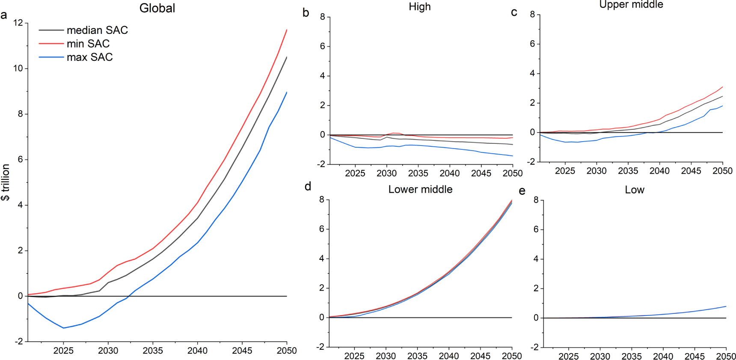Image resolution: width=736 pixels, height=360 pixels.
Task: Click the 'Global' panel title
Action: click(157, 8)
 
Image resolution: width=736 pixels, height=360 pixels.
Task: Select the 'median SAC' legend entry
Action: click(97, 30)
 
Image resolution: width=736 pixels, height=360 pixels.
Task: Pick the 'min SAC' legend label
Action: click(88, 44)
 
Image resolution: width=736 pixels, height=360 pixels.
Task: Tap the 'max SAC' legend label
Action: click(89, 57)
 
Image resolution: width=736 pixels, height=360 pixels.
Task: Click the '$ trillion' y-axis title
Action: click(6, 182)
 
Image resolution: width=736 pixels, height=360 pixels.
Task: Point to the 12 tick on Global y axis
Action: click(18, 23)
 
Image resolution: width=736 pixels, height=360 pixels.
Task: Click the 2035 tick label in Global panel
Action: click(153, 351)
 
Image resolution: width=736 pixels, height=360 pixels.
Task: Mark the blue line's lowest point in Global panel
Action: click(64, 328)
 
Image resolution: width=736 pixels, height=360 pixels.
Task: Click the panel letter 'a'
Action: click(4, 15)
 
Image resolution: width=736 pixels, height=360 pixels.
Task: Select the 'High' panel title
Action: click(419, 7)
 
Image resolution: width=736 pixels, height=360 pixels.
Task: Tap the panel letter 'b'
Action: click(306, 13)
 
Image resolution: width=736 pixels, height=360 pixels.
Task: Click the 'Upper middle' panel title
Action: click(631, 5)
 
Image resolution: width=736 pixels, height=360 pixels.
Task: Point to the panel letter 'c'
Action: click(514, 12)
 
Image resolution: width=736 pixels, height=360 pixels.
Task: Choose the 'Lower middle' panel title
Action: click(420, 190)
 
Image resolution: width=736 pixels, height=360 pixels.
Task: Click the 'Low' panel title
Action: click(634, 190)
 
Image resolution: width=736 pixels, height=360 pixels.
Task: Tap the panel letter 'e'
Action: click(522, 191)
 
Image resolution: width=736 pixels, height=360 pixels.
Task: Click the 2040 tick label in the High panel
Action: click(450, 173)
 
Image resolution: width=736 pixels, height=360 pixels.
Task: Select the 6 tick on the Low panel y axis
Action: click(536, 229)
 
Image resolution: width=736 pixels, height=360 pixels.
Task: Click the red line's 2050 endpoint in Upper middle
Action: click(722, 87)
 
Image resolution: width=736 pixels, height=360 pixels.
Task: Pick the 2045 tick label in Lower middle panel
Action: click(480, 356)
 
